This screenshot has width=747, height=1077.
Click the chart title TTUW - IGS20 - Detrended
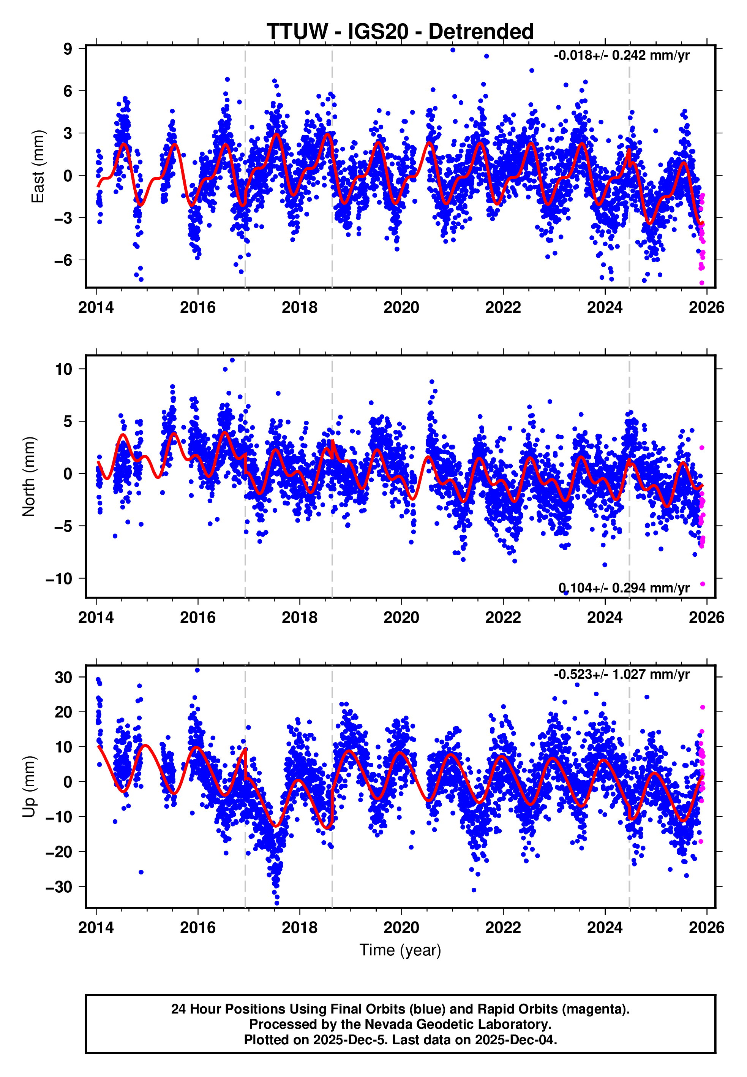pyautogui.click(x=400, y=32)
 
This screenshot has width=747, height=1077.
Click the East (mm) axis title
pyautogui.click(x=38, y=167)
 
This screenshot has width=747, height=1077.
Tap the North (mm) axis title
pyautogui.click(x=29, y=477)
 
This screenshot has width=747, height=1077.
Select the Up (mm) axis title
pyautogui.click(x=29, y=786)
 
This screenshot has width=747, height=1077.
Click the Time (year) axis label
pyautogui.click(x=400, y=950)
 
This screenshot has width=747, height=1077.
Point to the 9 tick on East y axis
pyautogui.click(x=68, y=49)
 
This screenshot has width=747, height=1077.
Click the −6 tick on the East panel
pyautogui.click(x=63, y=260)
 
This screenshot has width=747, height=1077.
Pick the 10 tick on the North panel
pyautogui.click(x=64, y=369)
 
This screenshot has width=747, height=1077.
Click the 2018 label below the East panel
pyautogui.click(x=300, y=308)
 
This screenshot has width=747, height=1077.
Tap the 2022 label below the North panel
pyautogui.click(x=503, y=618)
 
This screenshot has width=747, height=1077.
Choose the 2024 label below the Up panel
pyautogui.click(x=605, y=928)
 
